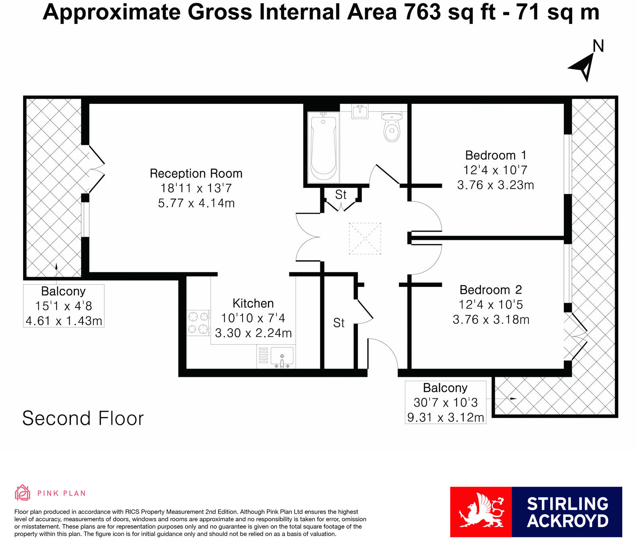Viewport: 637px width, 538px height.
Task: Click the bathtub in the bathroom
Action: coord(323,147)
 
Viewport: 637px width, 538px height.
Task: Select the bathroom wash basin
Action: coord(360,111)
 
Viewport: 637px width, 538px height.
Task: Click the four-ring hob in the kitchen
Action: coord(198,323)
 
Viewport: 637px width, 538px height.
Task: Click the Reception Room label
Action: coord(196,173)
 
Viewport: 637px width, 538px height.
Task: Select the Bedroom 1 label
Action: coord(496,155)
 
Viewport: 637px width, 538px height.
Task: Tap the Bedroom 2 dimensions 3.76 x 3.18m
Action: coord(491,320)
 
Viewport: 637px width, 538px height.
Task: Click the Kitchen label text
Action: coord(253,303)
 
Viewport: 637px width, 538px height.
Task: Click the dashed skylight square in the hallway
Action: coord(365,238)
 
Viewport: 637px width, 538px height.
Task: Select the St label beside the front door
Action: coord(339,323)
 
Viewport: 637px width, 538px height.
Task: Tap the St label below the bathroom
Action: coord(341,195)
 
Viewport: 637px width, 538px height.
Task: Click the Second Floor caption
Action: coord(83,418)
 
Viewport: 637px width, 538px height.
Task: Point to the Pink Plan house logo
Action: coord(22,493)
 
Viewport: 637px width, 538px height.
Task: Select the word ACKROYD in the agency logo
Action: coord(567,521)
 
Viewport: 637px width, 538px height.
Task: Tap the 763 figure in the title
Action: coord(423,12)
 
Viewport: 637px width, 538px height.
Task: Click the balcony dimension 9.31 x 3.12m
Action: coord(446,417)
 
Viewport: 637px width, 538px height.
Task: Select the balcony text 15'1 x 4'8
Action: coord(64,306)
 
